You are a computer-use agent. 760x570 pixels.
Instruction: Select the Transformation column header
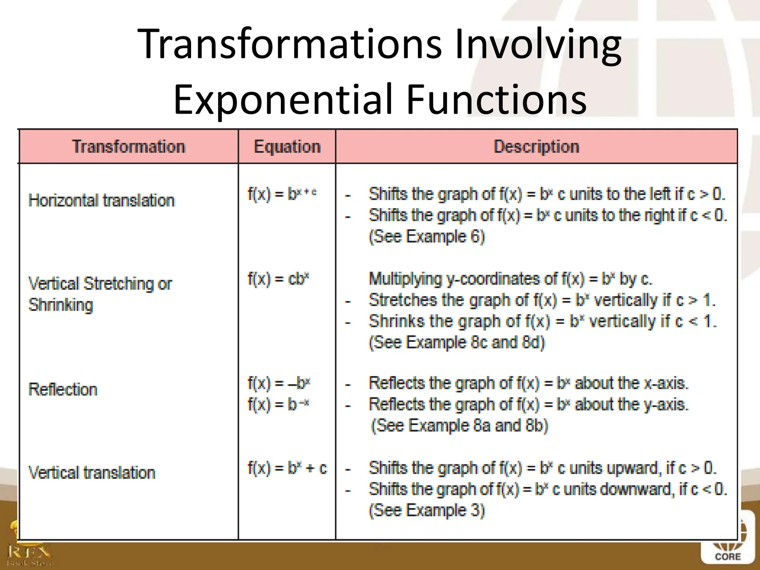[x=128, y=147]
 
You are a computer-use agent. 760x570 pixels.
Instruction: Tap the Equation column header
[x=287, y=147]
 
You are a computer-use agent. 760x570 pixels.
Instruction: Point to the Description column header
[x=536, y=147]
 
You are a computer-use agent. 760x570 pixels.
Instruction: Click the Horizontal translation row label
[x=101, y=200]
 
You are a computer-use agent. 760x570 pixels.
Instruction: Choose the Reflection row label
[x=63, y=390]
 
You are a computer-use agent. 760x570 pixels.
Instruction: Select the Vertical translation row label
[x=92, y=473]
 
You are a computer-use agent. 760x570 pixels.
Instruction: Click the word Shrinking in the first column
[x=60, y=305]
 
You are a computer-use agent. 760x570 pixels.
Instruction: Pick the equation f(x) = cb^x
[x=278, y=279]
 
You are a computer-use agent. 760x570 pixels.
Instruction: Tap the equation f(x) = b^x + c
[x=287, y=468]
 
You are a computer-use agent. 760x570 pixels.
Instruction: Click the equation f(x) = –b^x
[x=279, y=383]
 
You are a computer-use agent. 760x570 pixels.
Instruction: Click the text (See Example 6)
[x=427, y=236]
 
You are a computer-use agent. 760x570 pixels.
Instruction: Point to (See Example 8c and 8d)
[x=456, y=342]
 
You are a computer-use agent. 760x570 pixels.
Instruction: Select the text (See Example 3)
[x=427, y=510]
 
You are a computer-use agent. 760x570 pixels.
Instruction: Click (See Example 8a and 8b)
[x=459, y=425]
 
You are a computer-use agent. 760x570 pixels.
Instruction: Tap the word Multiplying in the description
[x=405, y=279]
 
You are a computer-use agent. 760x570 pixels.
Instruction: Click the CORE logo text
[x=727, y=557]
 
